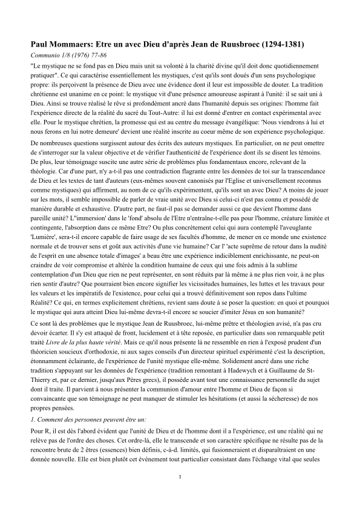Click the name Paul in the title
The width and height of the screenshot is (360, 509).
pyautogui.click(x=40, y=45)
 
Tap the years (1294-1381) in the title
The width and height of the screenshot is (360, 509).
pyautogui.click(x=276, y=45)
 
